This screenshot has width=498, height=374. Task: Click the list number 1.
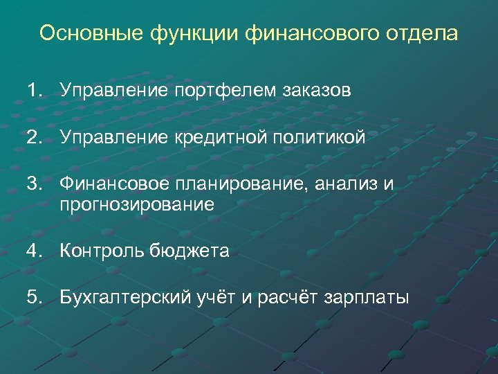pos(35,90)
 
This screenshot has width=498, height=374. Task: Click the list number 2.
pos(35,138)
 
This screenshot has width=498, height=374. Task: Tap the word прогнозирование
pos(137,204)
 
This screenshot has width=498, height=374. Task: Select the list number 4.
pos(35,251)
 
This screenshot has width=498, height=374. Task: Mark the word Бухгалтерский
pos(118,298)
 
